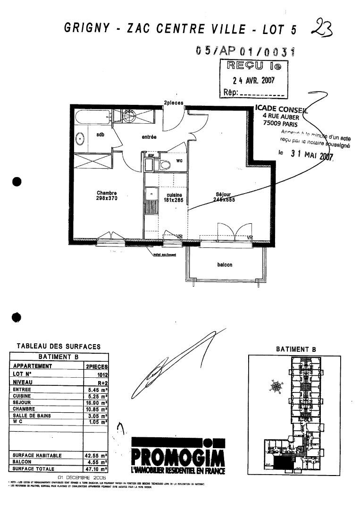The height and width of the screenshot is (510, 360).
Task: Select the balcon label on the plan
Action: [225, 265]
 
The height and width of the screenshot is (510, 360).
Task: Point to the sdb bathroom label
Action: [100, 135]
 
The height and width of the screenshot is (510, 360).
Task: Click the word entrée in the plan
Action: [149, 137]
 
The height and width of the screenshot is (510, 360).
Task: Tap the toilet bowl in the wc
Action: [165, 165]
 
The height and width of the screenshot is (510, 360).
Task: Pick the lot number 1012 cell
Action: [101, 373]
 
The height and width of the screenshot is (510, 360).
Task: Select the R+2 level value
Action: [101, 381]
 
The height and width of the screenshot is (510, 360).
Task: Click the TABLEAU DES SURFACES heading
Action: [59, 346]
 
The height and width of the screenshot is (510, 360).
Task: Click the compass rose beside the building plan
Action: [276, 386]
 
